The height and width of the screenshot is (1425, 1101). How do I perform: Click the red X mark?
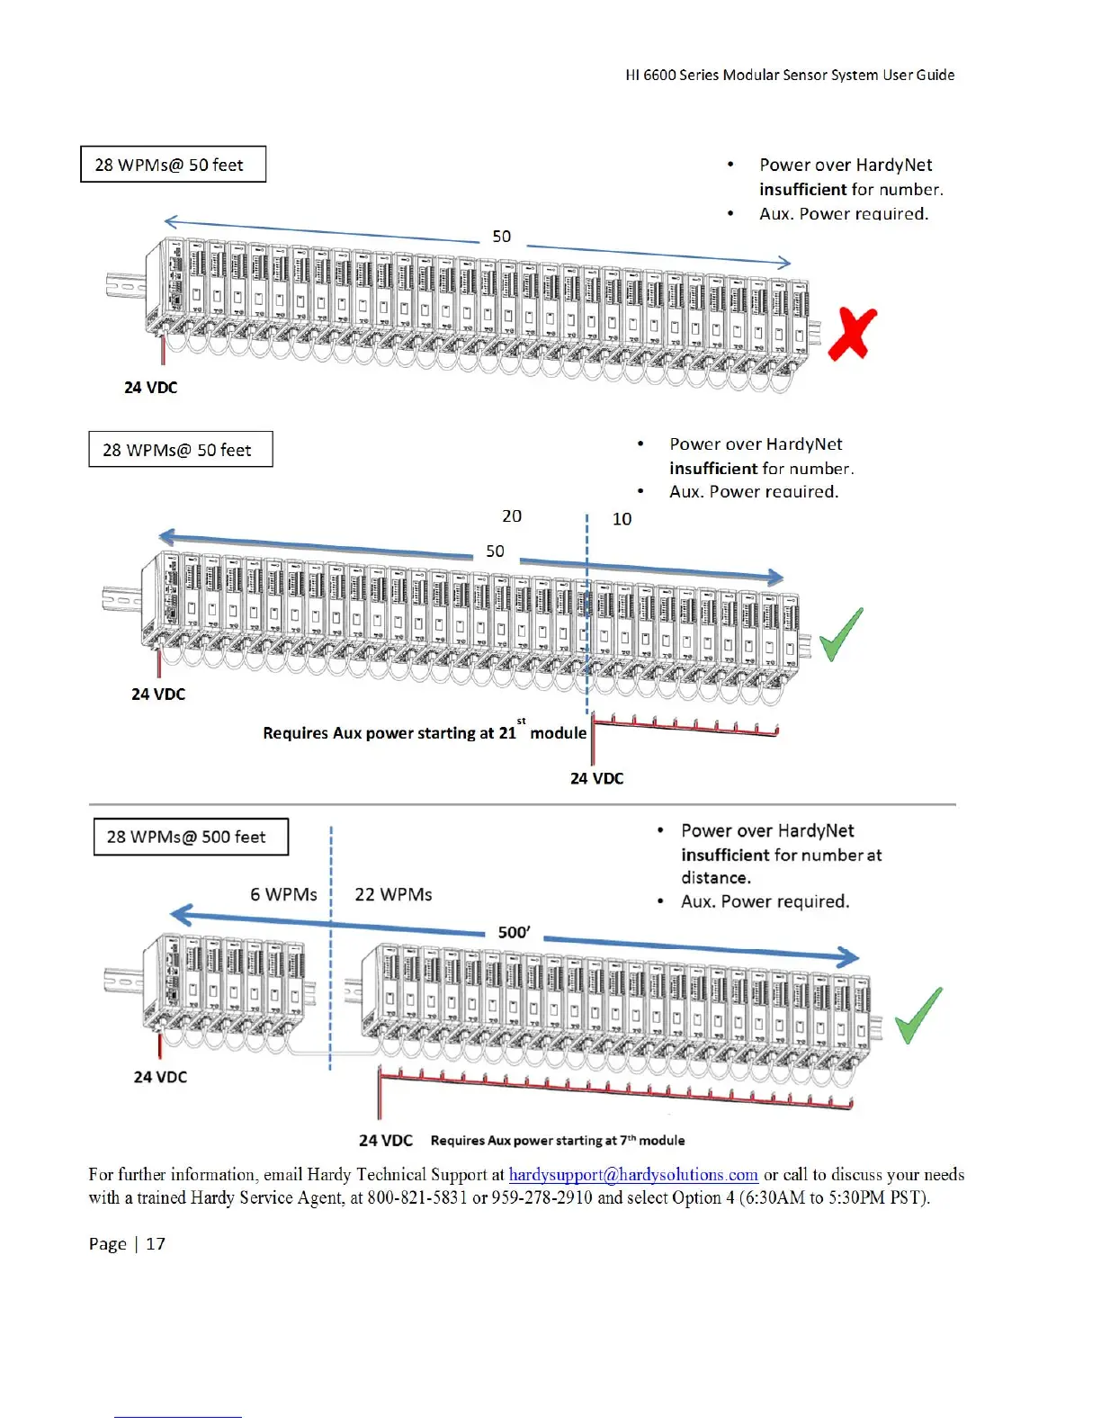click(x=852, y=334)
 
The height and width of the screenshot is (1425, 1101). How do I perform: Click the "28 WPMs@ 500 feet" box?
click(x=191, y=837)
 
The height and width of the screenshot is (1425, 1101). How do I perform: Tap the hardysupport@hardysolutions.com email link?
click(x=633, y=1174)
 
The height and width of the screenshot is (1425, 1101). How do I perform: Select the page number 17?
click(x=156, y=1243)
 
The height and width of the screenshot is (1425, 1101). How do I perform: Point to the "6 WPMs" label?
click(x=283, y=894)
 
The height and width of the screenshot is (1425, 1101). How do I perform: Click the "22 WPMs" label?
click(x=393, y=894)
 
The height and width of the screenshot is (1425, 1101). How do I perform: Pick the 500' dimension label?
click(x=514, y=932)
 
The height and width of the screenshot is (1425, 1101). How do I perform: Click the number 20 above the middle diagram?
click(x=512, y=515)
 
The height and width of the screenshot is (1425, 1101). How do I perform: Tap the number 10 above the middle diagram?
click(x=622, y=519)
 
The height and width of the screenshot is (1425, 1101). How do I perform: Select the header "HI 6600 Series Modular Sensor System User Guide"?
click(x=790, y=75)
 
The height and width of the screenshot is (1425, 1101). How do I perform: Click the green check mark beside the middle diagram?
click(x=841, y=633)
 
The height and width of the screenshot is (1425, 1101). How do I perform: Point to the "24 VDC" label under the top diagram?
click(x=150, y=388)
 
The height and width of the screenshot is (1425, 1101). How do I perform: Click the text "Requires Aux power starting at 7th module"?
click(x=558, y=1141)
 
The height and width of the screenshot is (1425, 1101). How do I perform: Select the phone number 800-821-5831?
click(x=417, y=1197)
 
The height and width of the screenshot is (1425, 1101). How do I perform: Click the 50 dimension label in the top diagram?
click(x=502, y=237)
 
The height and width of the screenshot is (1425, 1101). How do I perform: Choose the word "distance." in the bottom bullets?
click(x=716, y=877)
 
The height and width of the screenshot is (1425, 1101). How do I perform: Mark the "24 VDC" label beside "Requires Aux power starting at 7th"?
click(x=386, y=1141)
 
